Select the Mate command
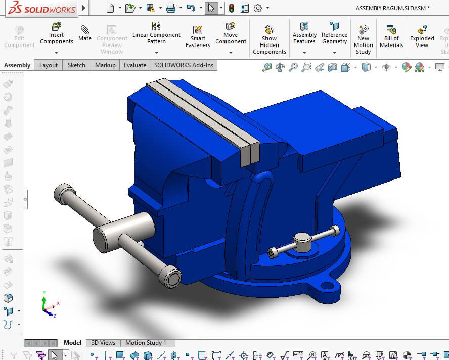pyautogui.click(x=85, y=33)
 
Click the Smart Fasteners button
pyautogui.click(x=198, y=37)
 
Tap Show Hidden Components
pyautogui.click(x=270, y=39)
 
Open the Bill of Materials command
pyautogui.click(x=391, y=36)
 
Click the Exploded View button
pyautogui.click(x=422, y=36)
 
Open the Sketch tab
pyautogui.click(x=76, y=65)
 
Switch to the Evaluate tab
pyautogui.click(x=135, y=65)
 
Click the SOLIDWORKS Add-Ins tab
pyautogui.click(x=184, y=65)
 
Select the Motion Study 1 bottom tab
pyautogui.click(x=146, y=343)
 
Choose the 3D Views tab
pyautogui.click(x=103, y=343)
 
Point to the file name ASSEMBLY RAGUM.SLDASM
pyautogui.click(x=392, y=8)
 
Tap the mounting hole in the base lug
pyautogui.click(x=328, y=286)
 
